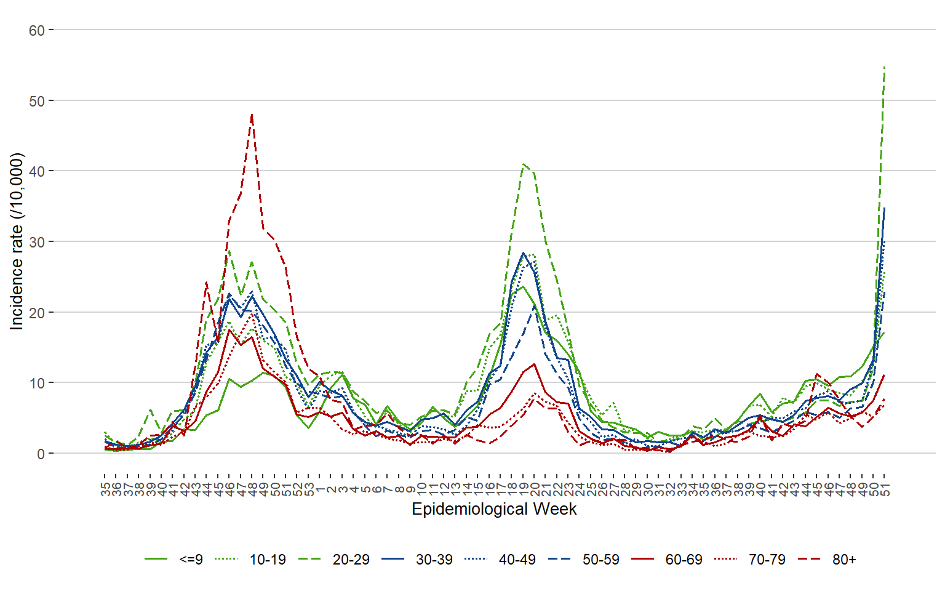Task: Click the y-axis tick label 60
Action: pyautogui.click(x=36, y=30)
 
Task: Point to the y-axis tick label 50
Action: pyautogui.click(x=36, y=101)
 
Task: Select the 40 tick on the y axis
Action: pyautogui.click(x=36, y=171)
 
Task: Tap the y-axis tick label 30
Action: pyautogui.click(x=36, y=242)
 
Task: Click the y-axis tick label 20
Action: pyautogui.click(x=36, y=313)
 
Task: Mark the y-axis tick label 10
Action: pyautogui.click(x=36, y=383)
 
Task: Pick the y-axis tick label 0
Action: pyautogui.click(x=41, y=454)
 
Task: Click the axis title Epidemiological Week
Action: pyautogui.click(x=494, y=509)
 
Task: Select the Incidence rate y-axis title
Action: pyautogui.click(x=17, y=241)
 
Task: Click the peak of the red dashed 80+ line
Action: pyautogui.click(x=252, y=115)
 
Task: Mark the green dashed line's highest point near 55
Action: pyautogui.click(x=884, y=66)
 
